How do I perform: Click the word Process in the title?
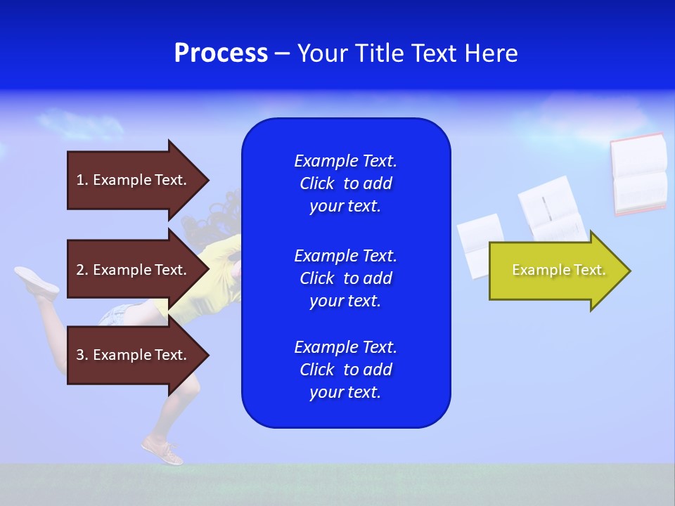pyautogui.click(x=221, y=53)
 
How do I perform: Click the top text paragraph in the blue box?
pyautogui.click(x=345, y=183)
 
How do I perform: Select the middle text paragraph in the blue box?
pyautogui.click(x=345, y=278)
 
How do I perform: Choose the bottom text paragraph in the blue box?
pyautogui.click(x=345, y=370)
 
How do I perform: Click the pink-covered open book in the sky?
pyautogui.click(x=638, y=174)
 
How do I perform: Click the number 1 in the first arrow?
pyautogui.click(x=80, y=180)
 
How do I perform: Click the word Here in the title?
pyautogui.click(x=494, y=53)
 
